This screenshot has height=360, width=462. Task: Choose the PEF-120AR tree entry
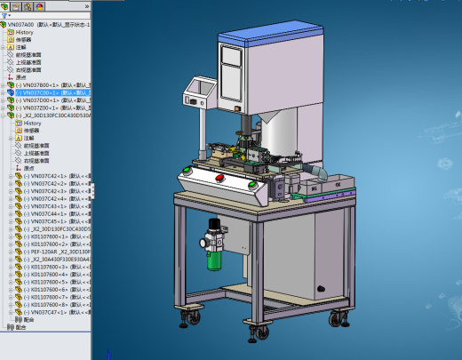click(x=53, y=252)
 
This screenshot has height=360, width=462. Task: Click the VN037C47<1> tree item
click(x=53, y=313)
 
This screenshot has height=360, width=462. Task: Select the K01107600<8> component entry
click(x=53, y=305)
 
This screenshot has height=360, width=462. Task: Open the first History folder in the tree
click(x=25, y=32)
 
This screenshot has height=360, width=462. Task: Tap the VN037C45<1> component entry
click(x=53, y=221)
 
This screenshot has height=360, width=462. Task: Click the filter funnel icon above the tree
click(x=7, y=15)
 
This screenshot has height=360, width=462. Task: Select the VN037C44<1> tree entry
click(x=53, y=213)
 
